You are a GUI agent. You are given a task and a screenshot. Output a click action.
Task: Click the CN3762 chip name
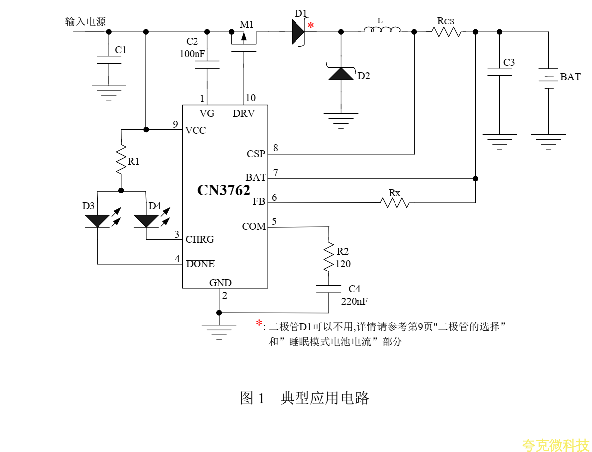click(x=223, y=190)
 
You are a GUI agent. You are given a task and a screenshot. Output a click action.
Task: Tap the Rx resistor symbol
click(x=395, y=202)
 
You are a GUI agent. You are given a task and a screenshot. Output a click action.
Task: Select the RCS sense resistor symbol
click(x=446, y=32)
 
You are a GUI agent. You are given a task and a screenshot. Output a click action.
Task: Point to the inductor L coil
click(x=382, y=31)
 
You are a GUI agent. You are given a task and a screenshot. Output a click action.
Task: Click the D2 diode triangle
click(x=341, y=74)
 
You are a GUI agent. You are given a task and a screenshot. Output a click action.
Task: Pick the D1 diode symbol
click(x=298, y=32)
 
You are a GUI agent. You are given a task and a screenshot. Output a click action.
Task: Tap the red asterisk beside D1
click(x=311, y=25)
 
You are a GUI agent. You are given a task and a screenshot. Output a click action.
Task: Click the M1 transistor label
click(x=247, y=24)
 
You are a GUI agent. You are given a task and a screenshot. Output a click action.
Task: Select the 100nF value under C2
click(x=193, y=54)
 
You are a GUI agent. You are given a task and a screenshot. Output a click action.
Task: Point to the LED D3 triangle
click(x=98, y=220)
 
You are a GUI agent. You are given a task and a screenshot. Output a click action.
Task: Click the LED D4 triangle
click(x=146, y=220)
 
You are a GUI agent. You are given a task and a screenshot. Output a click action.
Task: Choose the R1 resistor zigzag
click(x=121, y=159)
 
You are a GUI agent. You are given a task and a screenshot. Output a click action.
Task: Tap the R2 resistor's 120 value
click(x=343, y=264)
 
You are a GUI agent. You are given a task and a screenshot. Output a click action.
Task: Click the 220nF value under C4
click(x=354, y=301)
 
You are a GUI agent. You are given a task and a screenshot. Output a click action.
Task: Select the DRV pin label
click(x=243, y=114)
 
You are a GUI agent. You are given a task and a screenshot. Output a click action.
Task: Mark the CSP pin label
click(x=256, y=154)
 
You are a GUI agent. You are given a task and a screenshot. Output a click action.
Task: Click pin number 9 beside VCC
click(x=175, y=124)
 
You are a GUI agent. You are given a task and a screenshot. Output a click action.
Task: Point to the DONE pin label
click(x=200, y=264)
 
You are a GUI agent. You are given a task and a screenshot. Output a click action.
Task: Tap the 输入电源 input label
click(x=85, y=22)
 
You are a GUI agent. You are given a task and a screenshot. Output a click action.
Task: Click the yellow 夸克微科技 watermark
click(x=555, y=445)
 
